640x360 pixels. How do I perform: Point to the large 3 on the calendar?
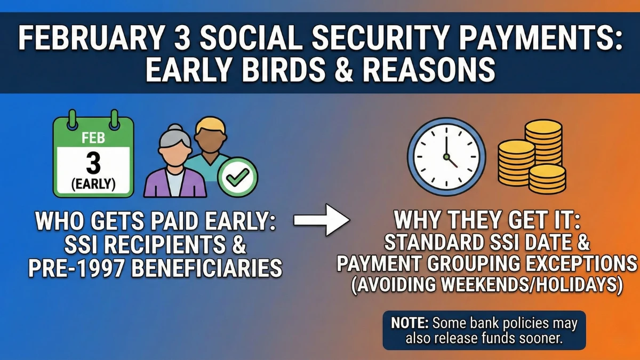point(93,163)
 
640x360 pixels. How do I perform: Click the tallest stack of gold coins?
point(543,144)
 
